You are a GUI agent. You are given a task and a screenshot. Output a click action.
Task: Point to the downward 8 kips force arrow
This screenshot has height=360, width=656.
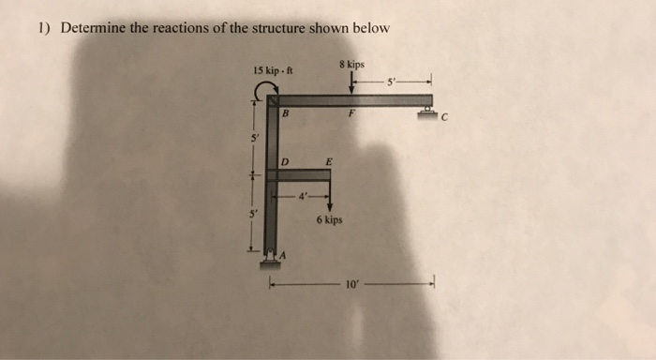[351, 82]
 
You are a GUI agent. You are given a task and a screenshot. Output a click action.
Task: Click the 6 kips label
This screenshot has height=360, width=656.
[330, 221]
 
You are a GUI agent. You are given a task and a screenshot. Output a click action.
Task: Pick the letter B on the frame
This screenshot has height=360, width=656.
[285, 112]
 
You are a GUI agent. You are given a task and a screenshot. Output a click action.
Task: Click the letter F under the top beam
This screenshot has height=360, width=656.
[352, 112]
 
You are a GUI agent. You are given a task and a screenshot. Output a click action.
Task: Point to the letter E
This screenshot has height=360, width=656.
[327, 162]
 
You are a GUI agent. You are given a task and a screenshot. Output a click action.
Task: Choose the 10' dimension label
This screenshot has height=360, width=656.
[351, 282]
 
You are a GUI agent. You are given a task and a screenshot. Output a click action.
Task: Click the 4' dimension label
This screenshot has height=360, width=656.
[303, 196]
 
